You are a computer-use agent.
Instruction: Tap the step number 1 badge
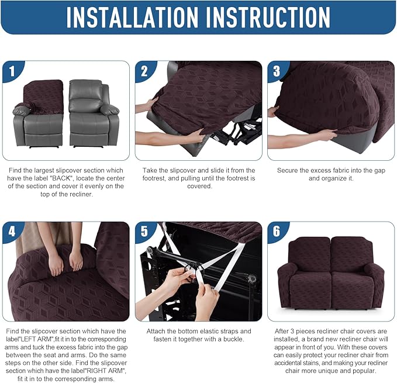coord(12,72)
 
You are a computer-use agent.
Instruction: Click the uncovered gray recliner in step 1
coord(94,114)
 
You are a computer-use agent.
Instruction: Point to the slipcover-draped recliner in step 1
coord(39,114)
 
